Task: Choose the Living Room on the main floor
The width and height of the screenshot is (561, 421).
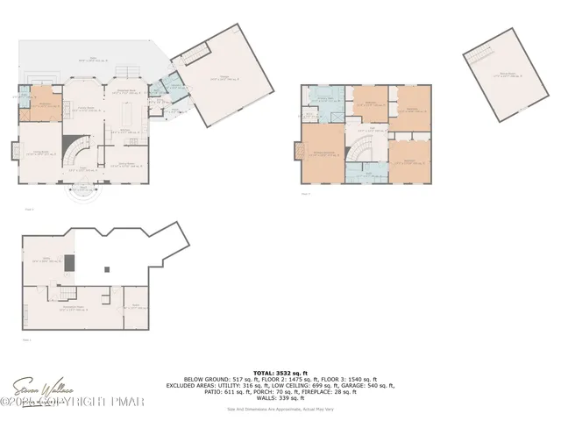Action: coord(39,153)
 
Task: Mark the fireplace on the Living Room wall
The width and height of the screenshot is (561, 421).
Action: coord(14,151)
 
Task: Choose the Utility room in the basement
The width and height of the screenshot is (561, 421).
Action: coord(136,307)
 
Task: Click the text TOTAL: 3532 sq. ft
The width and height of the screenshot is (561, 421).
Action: coord(280,372)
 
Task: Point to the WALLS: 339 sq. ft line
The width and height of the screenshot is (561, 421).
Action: coord(280,399)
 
